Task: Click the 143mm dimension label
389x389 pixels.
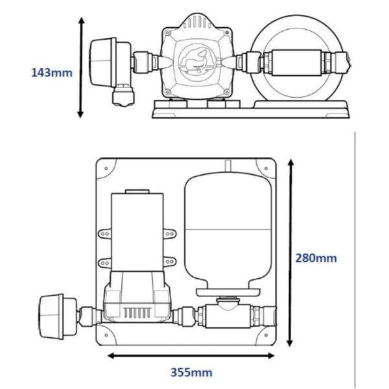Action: (52, 72)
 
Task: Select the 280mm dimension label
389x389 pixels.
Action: (317, 257)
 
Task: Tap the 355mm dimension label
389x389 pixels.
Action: (191, 373)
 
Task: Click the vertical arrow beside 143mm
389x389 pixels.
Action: (81, 68)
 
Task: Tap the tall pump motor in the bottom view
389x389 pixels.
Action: (135, 230)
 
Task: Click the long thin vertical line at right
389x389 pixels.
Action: (356, 259)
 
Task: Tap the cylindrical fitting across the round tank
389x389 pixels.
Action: (298, 64)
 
